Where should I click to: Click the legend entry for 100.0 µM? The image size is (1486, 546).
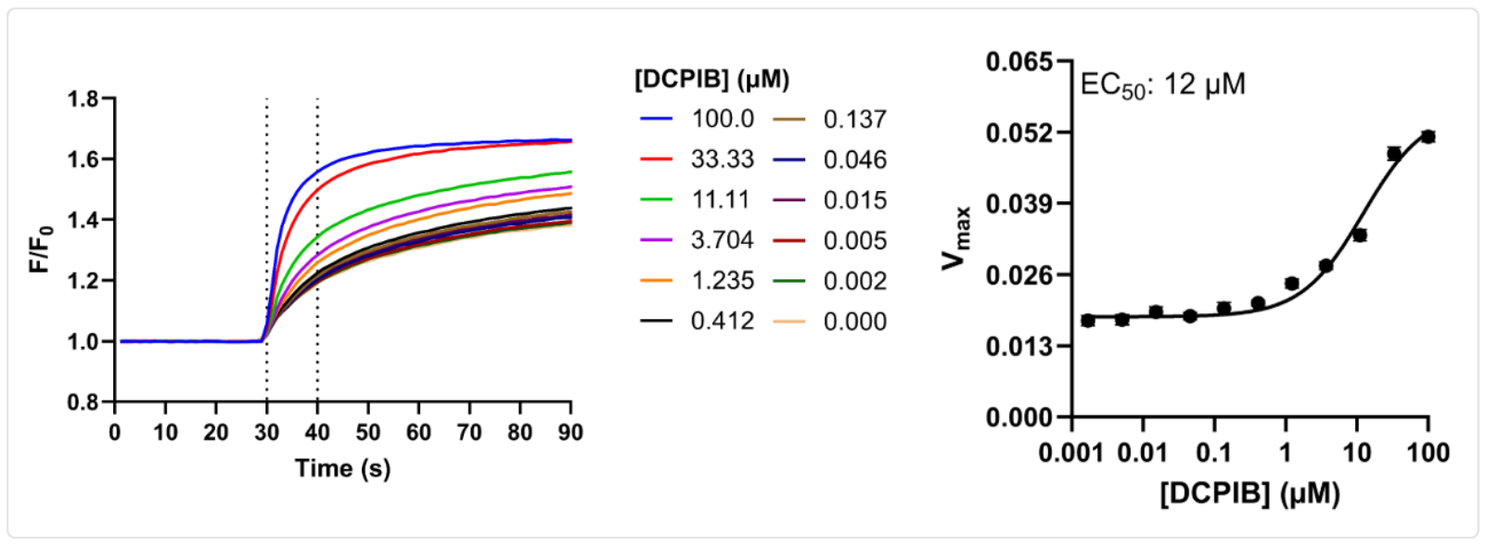point(721,119)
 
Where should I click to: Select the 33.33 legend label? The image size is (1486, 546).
point(721,159)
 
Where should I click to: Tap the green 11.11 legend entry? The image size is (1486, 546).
point(721,199)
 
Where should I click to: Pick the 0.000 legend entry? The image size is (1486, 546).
point(854,322)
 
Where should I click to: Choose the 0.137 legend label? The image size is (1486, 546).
point(854,120)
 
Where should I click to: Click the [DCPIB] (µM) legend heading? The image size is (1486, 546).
point(711,80)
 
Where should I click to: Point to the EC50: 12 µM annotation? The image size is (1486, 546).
point(1162,85)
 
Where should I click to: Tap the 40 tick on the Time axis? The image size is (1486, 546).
point(317,432)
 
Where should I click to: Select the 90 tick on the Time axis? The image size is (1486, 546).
point(570,432)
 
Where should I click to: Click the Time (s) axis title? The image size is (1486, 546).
point(342,468)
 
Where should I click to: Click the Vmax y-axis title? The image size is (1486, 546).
point(955,239)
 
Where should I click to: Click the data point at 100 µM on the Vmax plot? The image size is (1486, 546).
point(1428,136)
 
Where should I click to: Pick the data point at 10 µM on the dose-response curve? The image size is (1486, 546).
point(1360,235)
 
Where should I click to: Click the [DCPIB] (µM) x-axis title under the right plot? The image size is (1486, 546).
point(1249,493)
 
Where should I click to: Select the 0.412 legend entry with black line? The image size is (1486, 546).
point(721,322)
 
